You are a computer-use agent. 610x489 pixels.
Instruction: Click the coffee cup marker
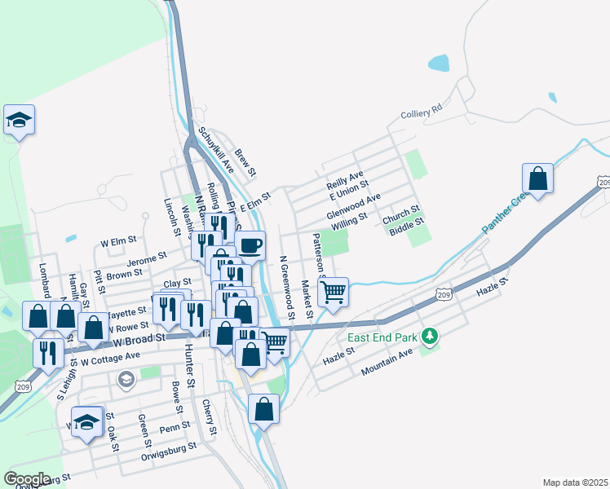250,244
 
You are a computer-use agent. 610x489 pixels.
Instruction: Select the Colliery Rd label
421,111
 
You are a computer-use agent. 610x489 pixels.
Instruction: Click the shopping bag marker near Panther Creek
537,178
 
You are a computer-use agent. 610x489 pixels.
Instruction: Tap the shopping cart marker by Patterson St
333,291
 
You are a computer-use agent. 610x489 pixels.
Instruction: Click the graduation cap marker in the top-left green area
19,120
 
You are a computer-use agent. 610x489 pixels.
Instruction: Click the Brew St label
245,162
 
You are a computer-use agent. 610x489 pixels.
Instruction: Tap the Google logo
27,478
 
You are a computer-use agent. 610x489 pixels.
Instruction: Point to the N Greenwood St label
286,288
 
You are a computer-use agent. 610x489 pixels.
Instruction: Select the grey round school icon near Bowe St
126,379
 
